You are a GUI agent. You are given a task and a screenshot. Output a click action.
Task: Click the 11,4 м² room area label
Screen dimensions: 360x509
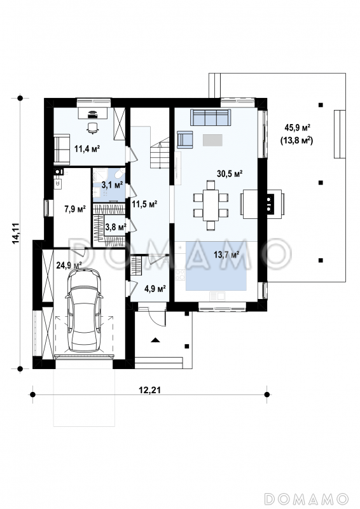click(x=87, y=149)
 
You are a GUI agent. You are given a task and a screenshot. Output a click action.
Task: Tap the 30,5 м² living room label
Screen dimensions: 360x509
click(x=230, y=174)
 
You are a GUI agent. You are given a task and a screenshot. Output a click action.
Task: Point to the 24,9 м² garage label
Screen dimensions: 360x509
click(x=69, y=265)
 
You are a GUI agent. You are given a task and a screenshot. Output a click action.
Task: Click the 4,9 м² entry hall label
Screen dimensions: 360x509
click(x=155, y=288)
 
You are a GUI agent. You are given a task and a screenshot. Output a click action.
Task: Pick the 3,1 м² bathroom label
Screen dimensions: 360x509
click(x=112, y=185)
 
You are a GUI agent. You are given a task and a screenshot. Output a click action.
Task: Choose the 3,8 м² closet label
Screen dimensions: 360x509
click(x=116, y=227)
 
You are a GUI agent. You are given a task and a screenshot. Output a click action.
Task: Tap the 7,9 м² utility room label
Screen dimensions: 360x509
click(x=75, y=209)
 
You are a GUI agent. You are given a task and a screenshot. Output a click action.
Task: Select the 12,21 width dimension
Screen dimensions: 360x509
click(x=149, y=390)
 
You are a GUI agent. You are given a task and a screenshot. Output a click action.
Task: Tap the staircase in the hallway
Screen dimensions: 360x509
click(x=160, y=153)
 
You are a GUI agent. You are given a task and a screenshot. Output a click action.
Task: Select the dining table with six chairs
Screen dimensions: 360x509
click(x=211, y=206)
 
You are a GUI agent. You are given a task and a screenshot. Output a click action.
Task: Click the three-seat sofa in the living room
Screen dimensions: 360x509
click(x=211, y=117)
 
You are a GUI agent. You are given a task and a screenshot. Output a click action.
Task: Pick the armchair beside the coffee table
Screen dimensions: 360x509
click(x=184, y=139)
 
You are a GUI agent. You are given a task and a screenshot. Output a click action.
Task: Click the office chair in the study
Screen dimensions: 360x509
click(x=93, y=128)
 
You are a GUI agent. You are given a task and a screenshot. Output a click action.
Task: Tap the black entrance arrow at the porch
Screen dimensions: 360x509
click(x=155, y=340)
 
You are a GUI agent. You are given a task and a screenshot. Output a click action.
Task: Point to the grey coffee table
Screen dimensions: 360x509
click(x=212, y=140)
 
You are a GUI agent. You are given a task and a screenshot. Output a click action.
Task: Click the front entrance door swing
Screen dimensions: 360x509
click(x=158, y=316)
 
